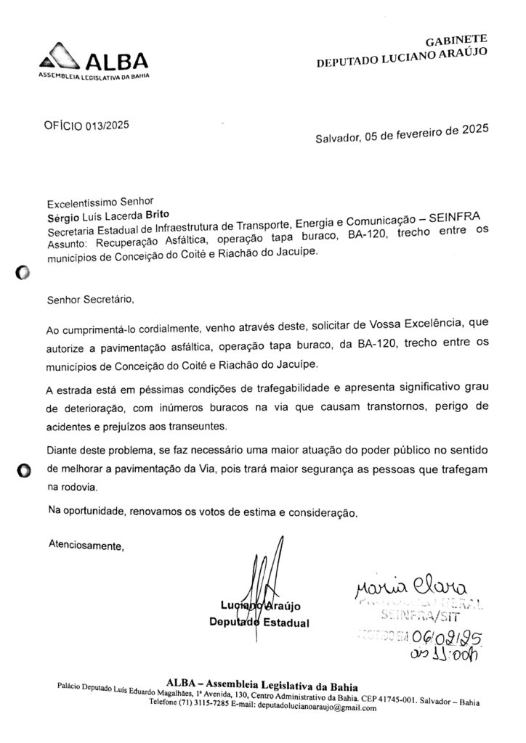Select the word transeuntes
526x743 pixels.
click(x=207, y=424)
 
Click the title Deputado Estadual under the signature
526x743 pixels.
click(x=259, y=623)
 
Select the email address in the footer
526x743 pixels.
click(x=316, y=708)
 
